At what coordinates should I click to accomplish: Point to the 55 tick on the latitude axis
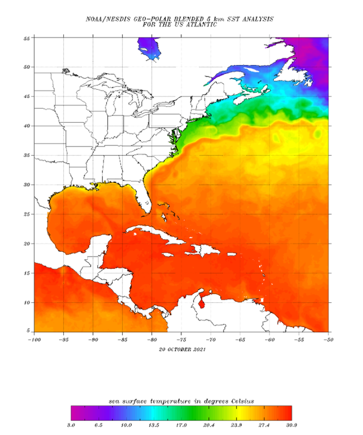click(x=27, y=38)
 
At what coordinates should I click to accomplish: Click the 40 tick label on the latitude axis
click(x=27, y=126)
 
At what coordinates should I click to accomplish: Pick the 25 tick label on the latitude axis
click(x=27, y=214)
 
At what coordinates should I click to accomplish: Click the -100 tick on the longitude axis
click(x=34, y=339)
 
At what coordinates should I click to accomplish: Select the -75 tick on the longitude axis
click(x=182, y=339)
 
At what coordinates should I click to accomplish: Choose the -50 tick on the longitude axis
click(x=328, y=339)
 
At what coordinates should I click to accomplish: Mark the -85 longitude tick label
click(x=122, y=339)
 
